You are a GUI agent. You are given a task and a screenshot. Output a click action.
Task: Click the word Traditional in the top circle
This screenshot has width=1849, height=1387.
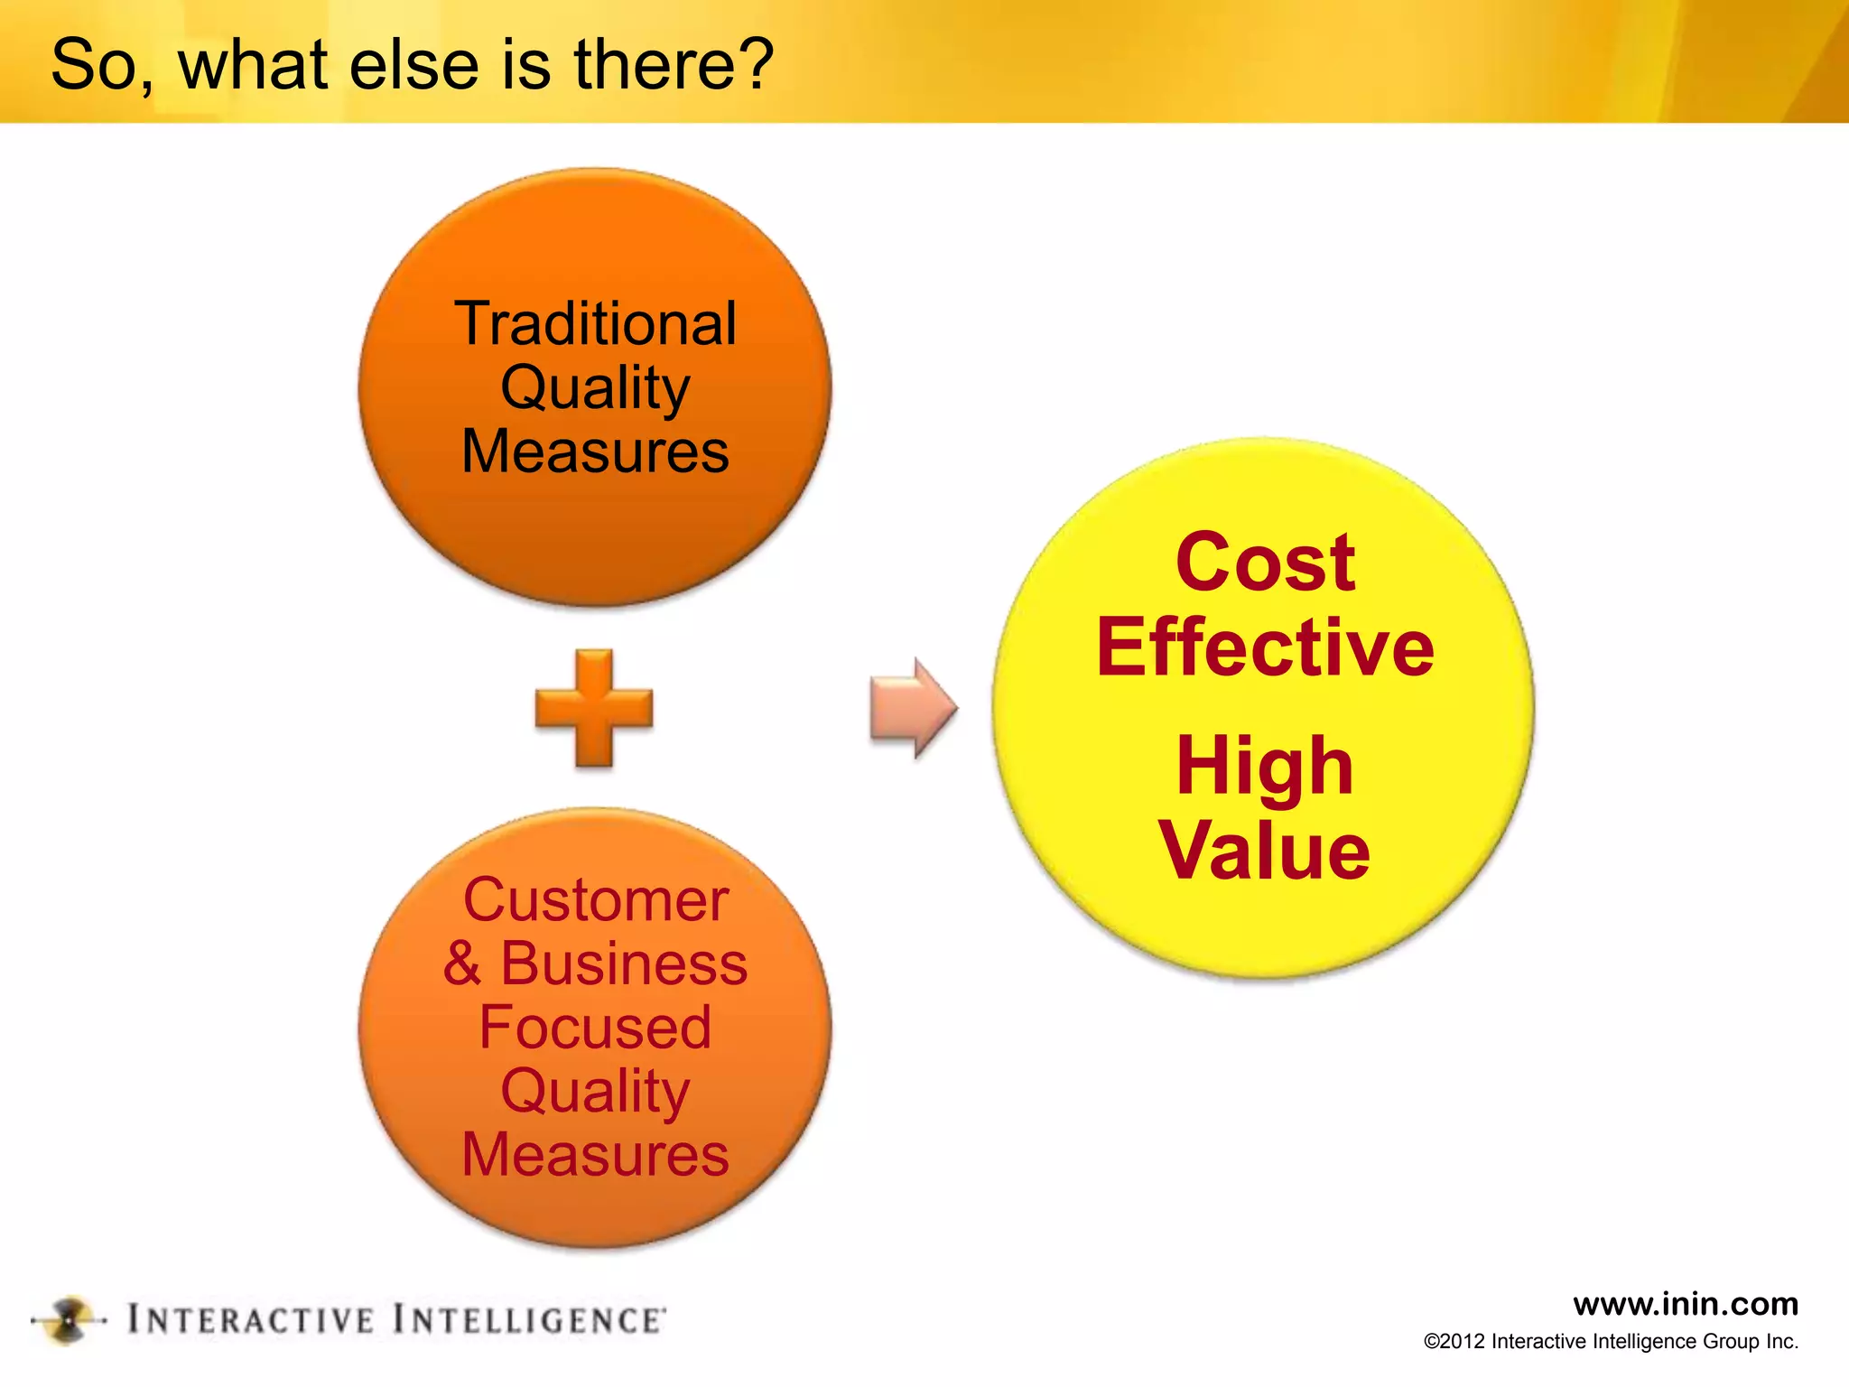[595, 323]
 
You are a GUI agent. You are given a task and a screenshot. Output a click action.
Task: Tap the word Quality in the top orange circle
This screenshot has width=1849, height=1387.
[595, 388]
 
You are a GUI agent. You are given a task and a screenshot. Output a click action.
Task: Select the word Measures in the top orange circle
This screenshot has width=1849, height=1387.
[595, 451]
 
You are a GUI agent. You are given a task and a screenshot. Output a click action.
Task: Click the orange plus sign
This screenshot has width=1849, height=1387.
[594, 707]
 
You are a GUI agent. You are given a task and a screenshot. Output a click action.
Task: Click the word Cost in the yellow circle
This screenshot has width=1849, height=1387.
[1265, 563]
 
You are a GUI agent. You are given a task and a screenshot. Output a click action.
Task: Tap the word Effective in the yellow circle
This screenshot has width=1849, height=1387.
[1265, 647]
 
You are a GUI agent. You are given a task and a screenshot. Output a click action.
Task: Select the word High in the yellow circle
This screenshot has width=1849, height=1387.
[1265, 766]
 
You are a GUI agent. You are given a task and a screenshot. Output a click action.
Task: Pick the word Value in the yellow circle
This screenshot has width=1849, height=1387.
[1265, 850]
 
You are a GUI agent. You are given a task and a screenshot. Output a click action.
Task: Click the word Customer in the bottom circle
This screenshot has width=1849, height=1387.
[595, 900]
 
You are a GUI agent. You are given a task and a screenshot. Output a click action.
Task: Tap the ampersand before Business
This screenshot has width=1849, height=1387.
[462, 963]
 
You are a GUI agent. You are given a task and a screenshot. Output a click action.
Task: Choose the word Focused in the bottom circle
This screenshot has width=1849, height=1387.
[595, 1028]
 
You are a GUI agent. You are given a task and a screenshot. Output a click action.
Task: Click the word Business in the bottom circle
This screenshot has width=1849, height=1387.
[624, 963]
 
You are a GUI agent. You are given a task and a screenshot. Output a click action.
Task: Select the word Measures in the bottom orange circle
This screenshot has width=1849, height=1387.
[595, 1155]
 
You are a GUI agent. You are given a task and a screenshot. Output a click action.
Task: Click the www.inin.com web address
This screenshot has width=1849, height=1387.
[1685, 1304]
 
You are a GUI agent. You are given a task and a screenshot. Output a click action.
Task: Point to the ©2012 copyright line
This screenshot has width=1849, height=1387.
[1611, 1342]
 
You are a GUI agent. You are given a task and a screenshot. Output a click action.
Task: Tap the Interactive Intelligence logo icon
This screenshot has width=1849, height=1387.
[69, 1321]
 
